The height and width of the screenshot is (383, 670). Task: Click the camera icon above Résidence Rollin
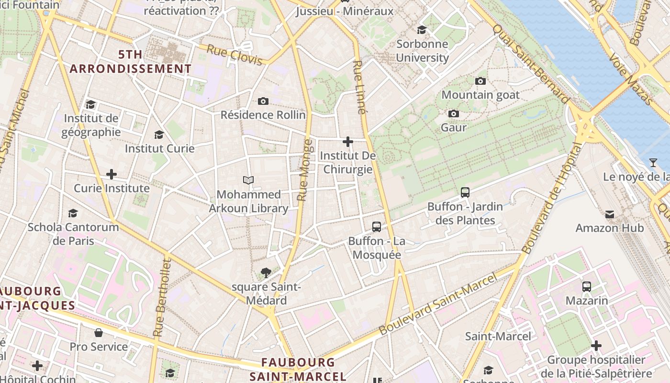click(263, 101)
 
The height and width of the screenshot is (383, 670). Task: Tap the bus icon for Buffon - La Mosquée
click(377, 227)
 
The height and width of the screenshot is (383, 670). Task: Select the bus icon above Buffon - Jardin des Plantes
click(465, 192)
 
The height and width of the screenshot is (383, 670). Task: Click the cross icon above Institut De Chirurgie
click(348, 142)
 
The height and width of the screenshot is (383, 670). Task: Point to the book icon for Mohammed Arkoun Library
click(248, 180)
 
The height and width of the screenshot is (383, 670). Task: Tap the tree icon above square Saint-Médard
click(266, 273)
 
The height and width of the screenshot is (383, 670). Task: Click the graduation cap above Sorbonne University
click(422, 30)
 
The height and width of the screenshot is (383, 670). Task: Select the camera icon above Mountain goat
click(480, 81)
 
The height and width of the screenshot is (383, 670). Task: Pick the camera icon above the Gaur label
click(453, 113)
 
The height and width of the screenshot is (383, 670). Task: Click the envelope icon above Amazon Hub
click(610, 214)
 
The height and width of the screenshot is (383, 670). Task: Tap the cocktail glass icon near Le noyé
click(653, 163)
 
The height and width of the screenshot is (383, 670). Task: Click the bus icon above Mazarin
click(587, 287)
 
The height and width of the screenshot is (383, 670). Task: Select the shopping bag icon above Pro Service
click(99, 333)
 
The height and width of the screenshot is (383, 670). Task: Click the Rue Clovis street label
click(234, 55)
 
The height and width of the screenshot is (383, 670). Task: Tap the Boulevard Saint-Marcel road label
click(438, 304)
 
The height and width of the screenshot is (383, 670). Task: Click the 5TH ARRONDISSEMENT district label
click(130, 62)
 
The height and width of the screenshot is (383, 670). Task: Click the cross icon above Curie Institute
click(112, 174)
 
